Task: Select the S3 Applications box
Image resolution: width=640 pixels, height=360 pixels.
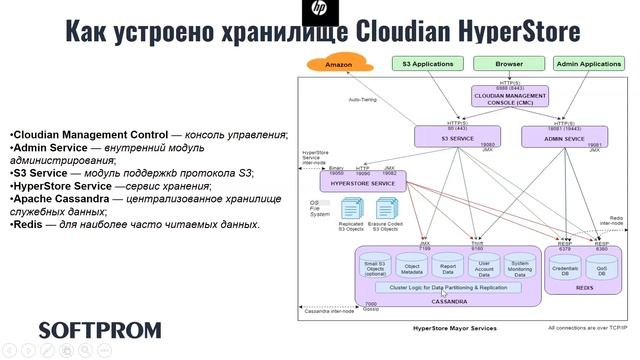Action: pyautogui.click(x=427, y=64)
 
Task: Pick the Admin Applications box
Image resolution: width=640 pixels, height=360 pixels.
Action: pyautogui.click(x=587, y=64)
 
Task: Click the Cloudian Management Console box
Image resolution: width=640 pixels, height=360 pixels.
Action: pyautogui.click(x=509, y=96)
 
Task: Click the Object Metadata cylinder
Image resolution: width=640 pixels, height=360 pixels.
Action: pyautogui.click(x=412, y=267)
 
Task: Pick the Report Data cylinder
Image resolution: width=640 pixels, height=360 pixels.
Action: pyautogui.click(x=447, y=267)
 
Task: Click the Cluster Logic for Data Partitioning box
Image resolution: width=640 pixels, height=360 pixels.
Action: pyautogui.click(x=447, y=288)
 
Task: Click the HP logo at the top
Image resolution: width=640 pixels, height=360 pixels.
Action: pyautogui.click(x=319, y=11)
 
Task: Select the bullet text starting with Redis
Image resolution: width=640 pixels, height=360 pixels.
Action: pyautogui.click(x=134, y=224)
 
